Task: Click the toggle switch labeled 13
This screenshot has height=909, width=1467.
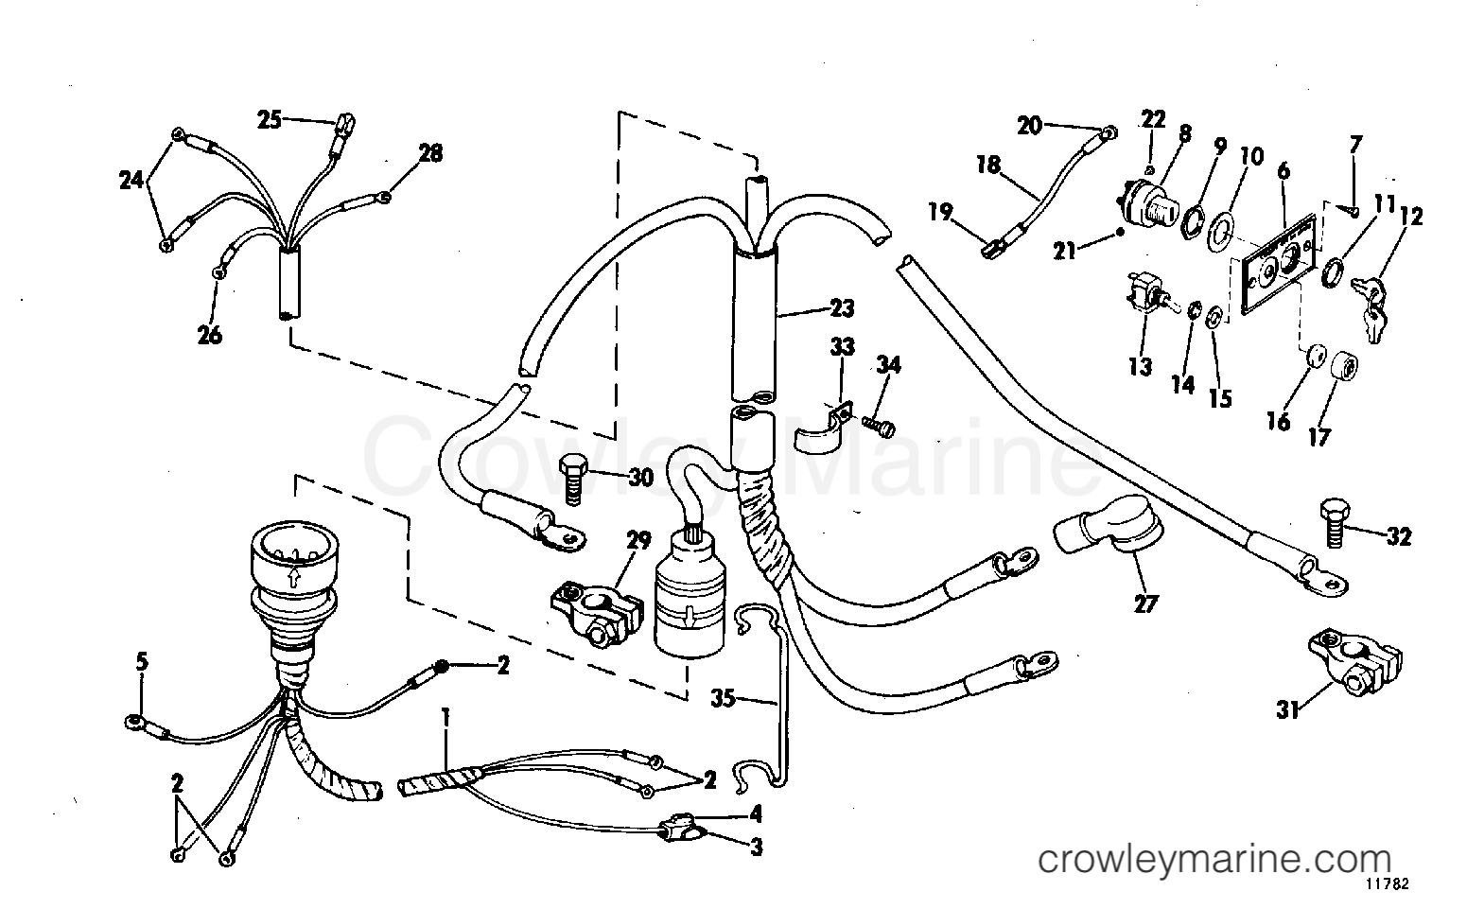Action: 1143,297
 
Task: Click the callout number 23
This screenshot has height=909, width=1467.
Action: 841,308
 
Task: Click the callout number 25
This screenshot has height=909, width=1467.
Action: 270,120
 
